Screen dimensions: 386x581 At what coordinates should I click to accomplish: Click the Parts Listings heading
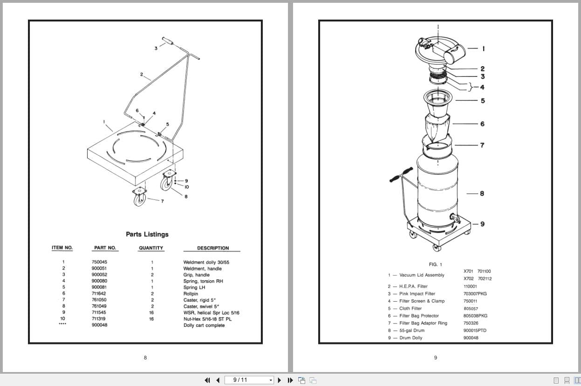tap(147, 234)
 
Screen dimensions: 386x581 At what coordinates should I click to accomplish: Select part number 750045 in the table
tap(99, 262)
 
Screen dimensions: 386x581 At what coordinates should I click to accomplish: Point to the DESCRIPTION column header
tap(212, 248)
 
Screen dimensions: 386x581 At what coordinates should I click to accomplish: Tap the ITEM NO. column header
tap(62, 248)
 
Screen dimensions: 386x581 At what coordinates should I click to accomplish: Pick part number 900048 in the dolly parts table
tap(99, 325)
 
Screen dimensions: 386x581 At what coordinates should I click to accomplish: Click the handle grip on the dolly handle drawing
tap(167, 41)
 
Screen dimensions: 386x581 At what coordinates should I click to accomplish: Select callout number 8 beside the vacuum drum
tap(482, 193)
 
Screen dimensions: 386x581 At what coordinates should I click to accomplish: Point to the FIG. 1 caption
tap(436, 265)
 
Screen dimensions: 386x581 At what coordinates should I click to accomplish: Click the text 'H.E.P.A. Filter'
tap(413, 286)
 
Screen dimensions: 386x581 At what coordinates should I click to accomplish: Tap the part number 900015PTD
tap(475, 331)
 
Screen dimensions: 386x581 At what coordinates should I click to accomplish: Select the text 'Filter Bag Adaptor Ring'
tap(423, 323)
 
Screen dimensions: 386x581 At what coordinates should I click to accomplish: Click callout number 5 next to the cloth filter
tap(483, 101)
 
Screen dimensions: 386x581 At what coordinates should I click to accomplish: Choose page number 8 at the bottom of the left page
tap(145, 358)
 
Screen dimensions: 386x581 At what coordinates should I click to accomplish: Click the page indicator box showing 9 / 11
tap(249, 380)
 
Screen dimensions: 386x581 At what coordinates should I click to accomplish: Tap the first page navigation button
tap(208, 380)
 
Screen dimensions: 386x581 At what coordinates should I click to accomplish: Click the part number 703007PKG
tap(475, 294)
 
